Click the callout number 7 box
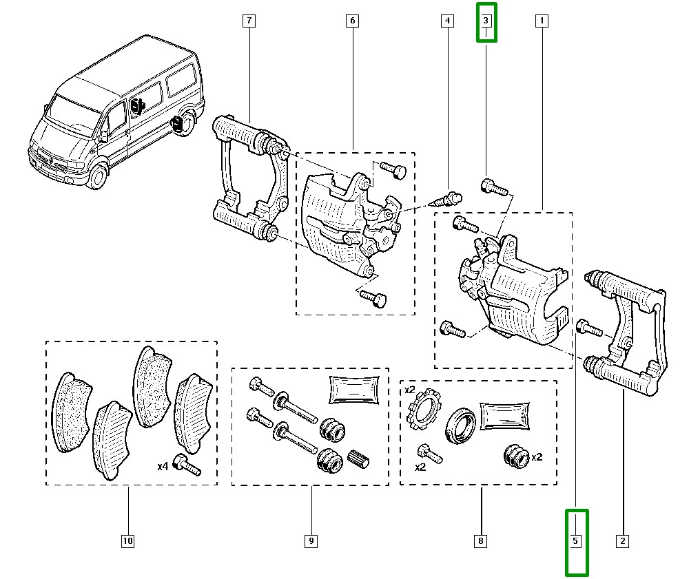[248, 21]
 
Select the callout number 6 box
[351, 21]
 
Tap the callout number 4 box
[448, 21]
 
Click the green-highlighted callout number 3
[486, 21]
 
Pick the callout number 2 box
[622, 542]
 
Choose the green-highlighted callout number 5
[576, 542]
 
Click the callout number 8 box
[481, 542]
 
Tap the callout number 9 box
[311, 542]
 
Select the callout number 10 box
[127, 542]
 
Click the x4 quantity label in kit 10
[163, 467]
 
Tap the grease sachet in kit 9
[355, 390]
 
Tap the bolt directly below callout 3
[493, 186]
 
